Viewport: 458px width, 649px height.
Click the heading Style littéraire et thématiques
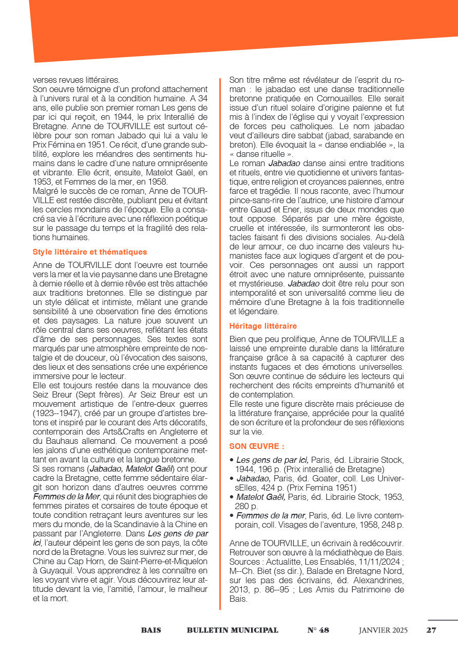[90, 252]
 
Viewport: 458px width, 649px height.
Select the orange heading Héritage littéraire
[263, 326]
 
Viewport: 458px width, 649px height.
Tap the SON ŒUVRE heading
[256, 446]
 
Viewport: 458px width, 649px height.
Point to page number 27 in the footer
[431, 630]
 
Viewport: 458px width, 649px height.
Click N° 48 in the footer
[318, 630]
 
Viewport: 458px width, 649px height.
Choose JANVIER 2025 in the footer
[383, 630]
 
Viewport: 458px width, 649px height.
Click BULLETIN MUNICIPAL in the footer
[233, 630]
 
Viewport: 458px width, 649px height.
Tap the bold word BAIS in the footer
[151, 630]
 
